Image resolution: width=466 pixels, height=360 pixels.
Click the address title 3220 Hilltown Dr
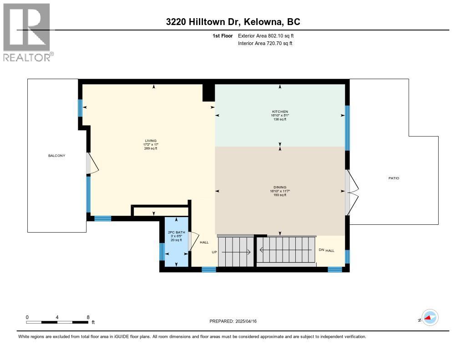click(233, 22)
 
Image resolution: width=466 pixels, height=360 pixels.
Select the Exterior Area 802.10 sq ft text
click(269, 35)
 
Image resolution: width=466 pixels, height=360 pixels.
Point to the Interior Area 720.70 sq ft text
click(265, 43)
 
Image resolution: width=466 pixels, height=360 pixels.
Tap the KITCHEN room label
click(280, 112)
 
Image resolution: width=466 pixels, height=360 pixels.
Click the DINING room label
click(280, 187)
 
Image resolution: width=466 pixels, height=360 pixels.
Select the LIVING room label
click(151, 141)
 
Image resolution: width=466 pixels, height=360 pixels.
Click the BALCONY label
click(57, 156)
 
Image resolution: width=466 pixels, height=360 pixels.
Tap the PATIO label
click(394, 178)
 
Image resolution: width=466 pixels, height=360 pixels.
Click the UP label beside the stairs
click(214, 252)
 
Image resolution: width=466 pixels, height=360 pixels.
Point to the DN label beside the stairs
click(321, 250)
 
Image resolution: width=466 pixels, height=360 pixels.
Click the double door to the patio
click(351, 192)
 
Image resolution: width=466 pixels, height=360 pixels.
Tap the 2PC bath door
click(193, 241)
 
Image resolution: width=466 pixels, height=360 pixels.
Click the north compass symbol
click(429, 318)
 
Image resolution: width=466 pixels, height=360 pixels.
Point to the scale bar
click(57, 322)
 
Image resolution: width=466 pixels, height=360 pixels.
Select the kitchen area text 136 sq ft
click(280, 120)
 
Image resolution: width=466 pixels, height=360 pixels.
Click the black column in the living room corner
click(208, 92)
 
